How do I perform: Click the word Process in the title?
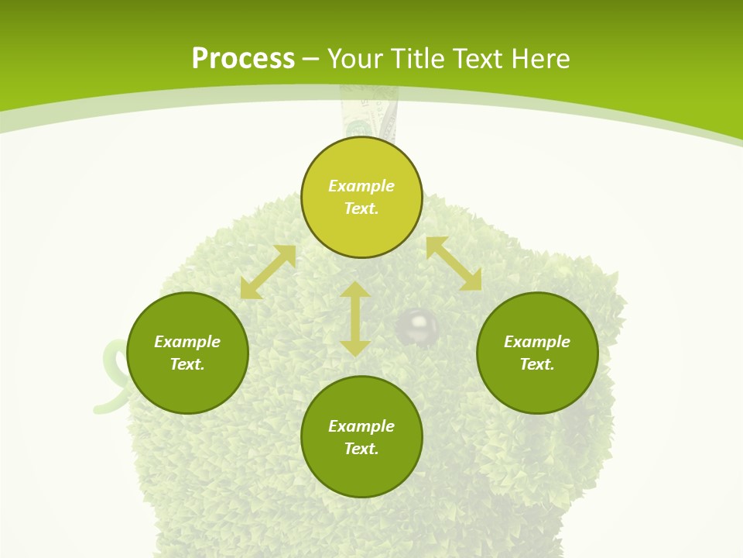point(243,58)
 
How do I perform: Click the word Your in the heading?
point(355,58)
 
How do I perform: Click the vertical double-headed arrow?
point(355,319)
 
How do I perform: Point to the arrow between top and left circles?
point(268,271)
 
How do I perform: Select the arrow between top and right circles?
point(454,263)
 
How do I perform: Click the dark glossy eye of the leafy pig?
point(418,325)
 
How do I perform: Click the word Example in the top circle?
point(361,186)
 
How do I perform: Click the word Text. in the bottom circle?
point(361,449)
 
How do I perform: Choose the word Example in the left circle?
point(187,342)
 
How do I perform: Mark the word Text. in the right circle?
point(537,364)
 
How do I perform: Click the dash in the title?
point(311,59)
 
